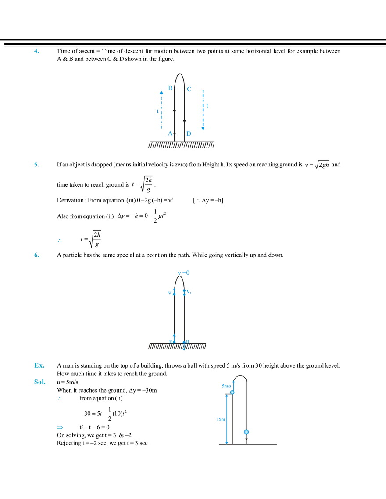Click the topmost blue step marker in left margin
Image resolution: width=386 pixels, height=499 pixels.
37,52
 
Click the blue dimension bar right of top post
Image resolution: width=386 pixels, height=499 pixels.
203,110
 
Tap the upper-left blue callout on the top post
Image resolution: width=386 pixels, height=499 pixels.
169,88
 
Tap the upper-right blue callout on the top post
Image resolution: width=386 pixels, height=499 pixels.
189,89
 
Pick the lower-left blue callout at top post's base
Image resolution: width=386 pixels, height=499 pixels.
169,133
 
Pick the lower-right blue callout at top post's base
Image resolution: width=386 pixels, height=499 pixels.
189,134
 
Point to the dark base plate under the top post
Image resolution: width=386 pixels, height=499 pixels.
182,145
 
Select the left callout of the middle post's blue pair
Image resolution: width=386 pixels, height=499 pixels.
171,291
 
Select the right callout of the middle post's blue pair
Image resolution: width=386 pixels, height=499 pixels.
187,292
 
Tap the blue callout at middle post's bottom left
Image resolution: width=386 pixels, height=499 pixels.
173,337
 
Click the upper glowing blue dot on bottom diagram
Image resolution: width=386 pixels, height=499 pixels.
232,393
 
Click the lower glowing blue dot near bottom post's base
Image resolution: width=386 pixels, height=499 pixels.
247,432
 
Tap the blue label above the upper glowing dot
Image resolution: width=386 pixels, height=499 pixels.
228,386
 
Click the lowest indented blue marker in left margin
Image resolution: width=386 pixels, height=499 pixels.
61,427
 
